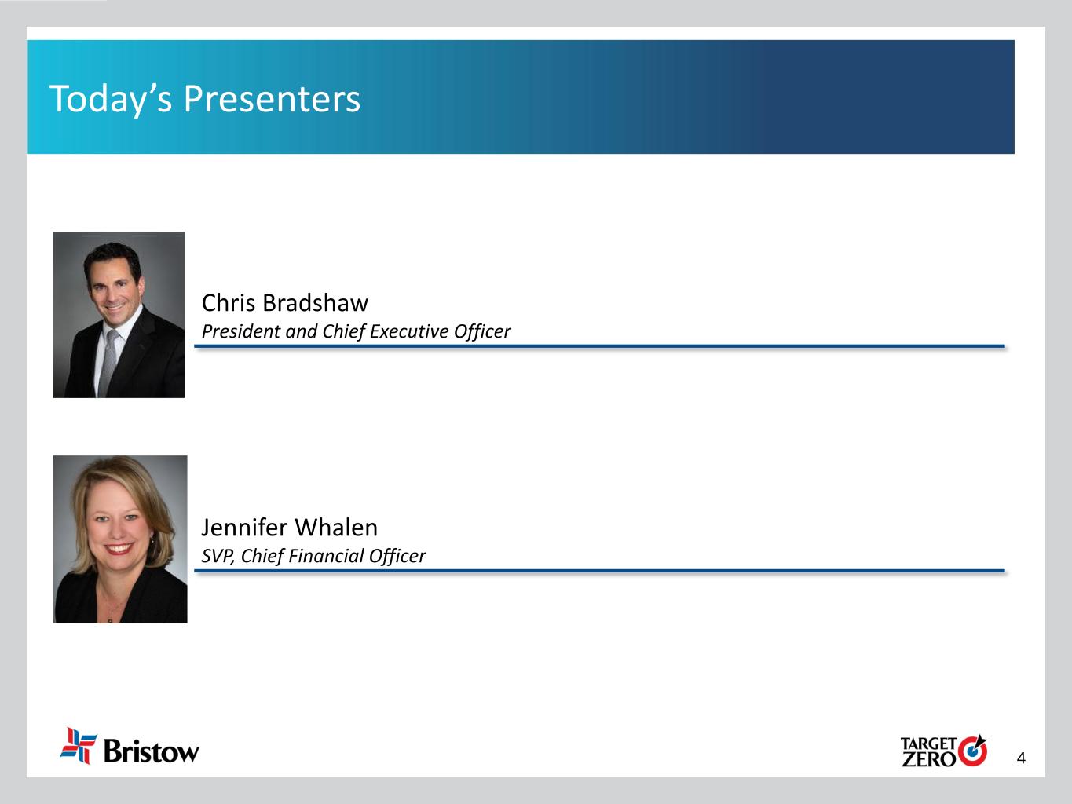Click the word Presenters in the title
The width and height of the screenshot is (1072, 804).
coord(272,99)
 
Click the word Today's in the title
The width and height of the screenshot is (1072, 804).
coord(111,100)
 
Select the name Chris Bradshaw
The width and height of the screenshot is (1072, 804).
coord(285,302)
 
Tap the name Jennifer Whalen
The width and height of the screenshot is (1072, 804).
coord(290,527)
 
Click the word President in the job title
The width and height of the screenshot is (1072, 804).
coord(241,331)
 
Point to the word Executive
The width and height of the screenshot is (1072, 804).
coord(409,331)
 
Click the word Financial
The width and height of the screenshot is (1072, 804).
coord(326,556)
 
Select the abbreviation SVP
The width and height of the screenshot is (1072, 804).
coord(218,557)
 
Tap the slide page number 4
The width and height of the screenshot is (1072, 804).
coord(1021,758)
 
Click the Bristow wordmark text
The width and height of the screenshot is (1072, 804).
coord(152,751)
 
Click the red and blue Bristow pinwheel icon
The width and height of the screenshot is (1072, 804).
coord(79,745)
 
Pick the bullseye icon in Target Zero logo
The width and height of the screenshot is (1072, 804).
coord(972,751)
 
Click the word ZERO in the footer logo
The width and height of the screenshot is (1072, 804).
coord(928,759)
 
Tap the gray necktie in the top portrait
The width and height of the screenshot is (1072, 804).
coord(108,362)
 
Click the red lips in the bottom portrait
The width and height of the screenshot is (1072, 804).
coord(119,549)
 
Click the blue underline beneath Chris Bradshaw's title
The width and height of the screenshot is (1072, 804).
coord(599,346)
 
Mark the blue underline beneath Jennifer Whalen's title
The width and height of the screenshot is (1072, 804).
coord(599,570)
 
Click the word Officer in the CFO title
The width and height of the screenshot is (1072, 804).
coord(397,556)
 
